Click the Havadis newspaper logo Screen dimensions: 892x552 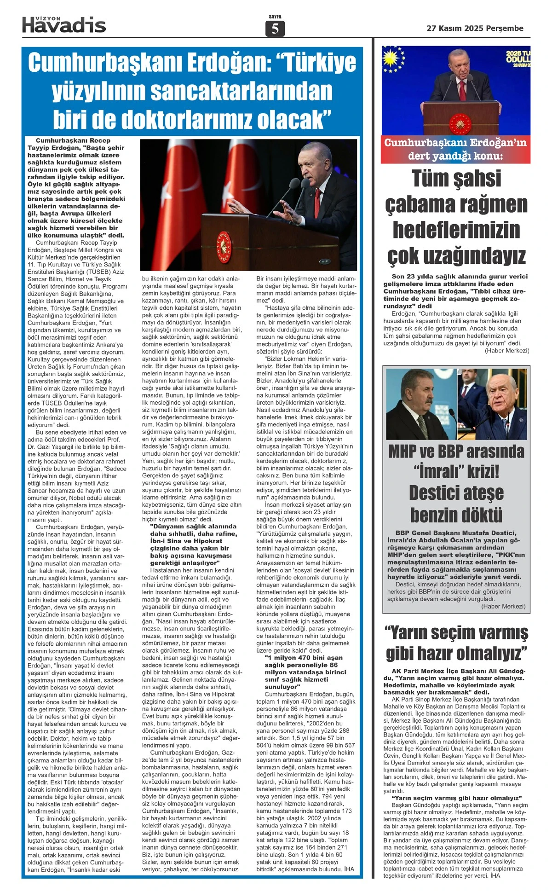[64, 24]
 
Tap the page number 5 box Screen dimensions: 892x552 [275, 29]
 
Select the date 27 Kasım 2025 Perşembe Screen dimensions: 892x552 [475, 28]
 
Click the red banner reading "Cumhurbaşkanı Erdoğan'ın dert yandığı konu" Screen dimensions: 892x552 [455, 149]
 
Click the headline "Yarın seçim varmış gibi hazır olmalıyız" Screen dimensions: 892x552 [456, 643]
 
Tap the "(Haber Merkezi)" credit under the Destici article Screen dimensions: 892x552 [503, 606]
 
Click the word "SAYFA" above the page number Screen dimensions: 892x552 [275, 17]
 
